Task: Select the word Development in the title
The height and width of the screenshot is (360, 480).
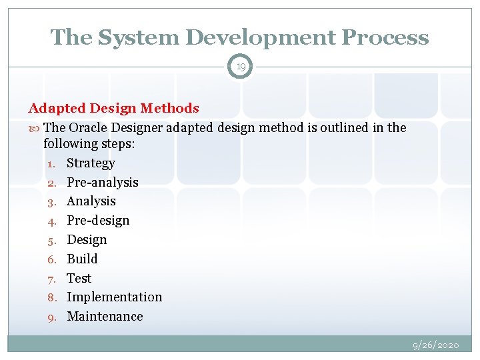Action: pos(258,37)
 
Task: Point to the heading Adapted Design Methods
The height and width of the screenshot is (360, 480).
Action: pos(113,108)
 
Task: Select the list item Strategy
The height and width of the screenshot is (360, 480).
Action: pos(91,163)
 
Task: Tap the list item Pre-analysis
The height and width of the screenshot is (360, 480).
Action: pos(103,182)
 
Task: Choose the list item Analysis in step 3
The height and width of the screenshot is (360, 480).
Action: pos(91,201)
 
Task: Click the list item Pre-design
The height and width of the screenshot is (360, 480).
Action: pos(99,220)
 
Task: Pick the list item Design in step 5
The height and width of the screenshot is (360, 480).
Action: pos(87,239)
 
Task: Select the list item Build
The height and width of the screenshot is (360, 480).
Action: pos(82,259)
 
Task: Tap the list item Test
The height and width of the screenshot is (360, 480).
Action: pos(79,278)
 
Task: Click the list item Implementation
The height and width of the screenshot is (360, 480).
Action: pos(114,297)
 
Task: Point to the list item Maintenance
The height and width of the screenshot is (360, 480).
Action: pos(105,316)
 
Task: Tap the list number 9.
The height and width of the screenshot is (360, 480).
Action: pos(51,317)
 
